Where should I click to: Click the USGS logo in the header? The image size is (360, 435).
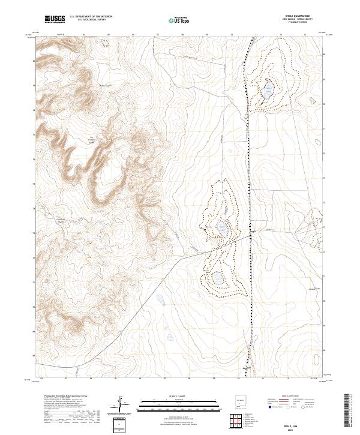(55, 19)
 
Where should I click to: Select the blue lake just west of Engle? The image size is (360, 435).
(221, 227)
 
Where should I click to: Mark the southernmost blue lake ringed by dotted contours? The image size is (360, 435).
(217, 278)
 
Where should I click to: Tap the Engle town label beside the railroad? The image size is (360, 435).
(253, 230)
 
